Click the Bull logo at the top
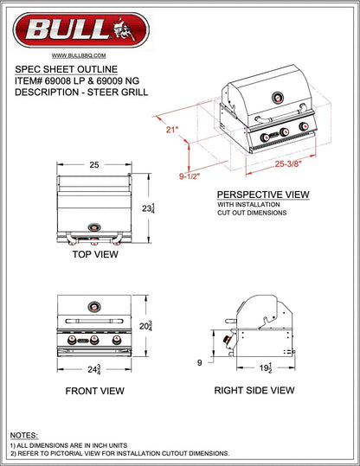point(81,30)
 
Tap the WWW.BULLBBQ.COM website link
point(79,55)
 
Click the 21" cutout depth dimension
point(172,130)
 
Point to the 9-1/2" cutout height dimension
point(190,176)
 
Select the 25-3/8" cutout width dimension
point(288,163)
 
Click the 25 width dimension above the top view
point(94,164)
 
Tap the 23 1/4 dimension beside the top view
point(148,208)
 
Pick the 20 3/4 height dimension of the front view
point(145,326)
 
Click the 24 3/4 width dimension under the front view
point(94,369)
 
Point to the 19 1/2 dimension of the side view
point(266,367)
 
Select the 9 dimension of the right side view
point(200,362)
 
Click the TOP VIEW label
point(95,254)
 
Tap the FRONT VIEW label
point(95,391)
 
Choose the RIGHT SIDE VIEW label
point(254,390)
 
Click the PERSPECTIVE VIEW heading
point(263,195)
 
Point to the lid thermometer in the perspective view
point(278,98)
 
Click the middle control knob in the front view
point(94,340)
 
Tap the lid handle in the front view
point(94,321)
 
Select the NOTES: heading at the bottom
point(24,436)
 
